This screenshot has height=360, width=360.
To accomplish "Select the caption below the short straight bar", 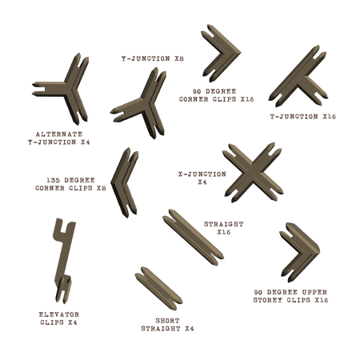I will click(169, 324).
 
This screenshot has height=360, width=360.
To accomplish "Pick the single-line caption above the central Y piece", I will click(152, 58).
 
